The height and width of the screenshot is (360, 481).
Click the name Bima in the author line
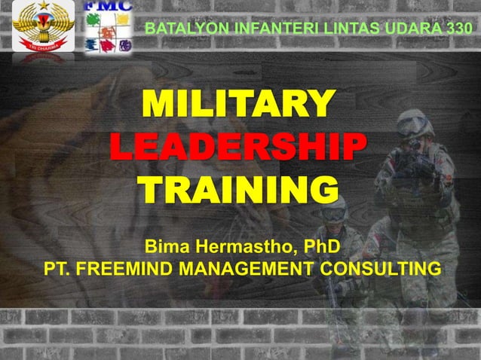click(x=168, y=246)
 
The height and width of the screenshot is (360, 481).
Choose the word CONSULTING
click(x=381, y=270)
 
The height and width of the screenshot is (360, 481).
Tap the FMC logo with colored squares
click(x=108, y=26)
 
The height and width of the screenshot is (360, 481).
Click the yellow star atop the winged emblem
click(x=42, y=8)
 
